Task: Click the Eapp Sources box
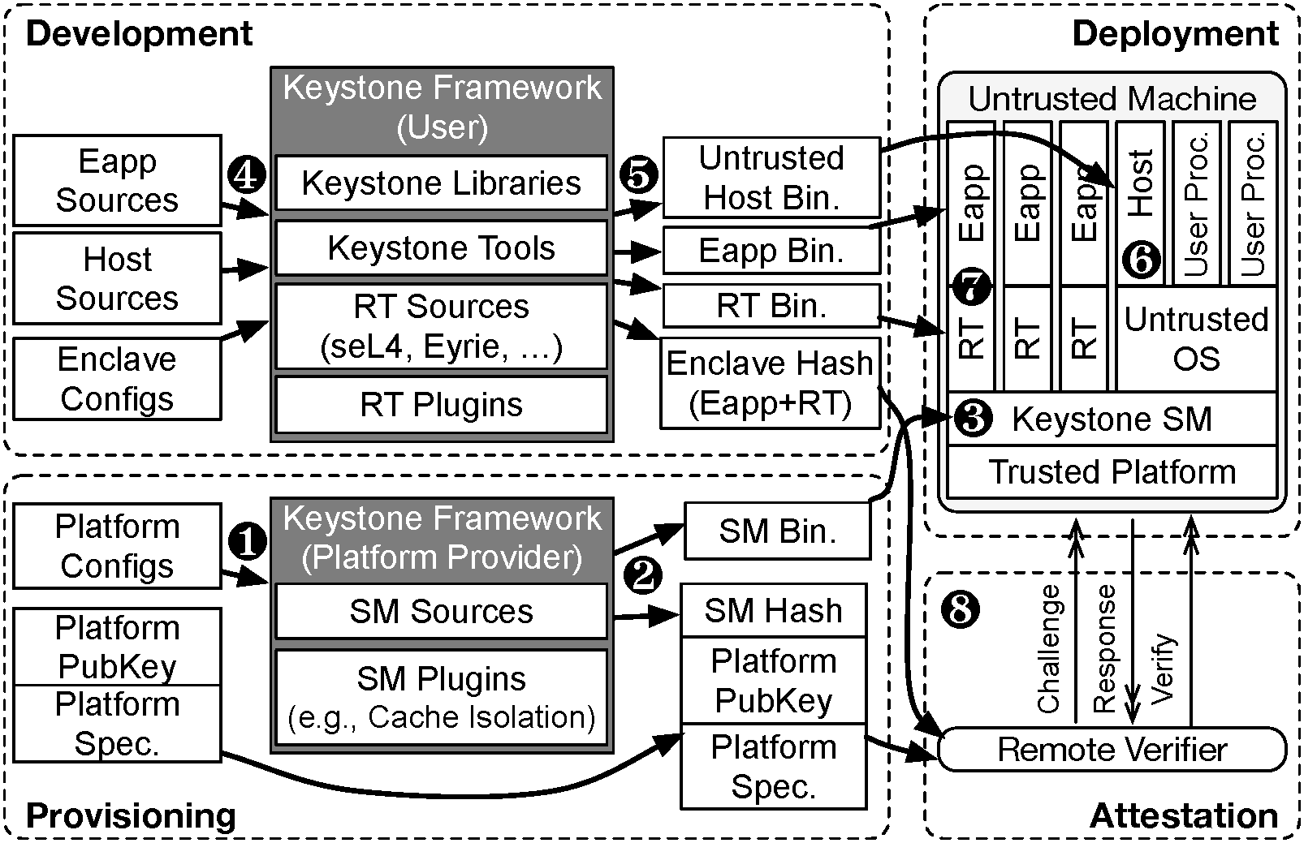click(x=117, y=180)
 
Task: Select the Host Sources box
click(x=117, y=278)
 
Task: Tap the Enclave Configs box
click(x=117, y=379)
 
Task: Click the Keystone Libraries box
click(x=441, y=183)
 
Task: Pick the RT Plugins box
click(x=441, y=404)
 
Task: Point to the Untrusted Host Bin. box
click(x=771, y=178)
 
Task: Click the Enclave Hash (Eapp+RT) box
click(x=770, y=383)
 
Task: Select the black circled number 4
click(x=248, y=174)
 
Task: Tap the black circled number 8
click(x=961, y=609)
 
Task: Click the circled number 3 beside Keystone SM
click(x=973, y=419)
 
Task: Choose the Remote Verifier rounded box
click(x=1112, y=749)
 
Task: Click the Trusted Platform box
click(x=1112, y=471)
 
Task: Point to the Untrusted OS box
click(x=1196, y=338)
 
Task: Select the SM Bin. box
click(x=776, y=531)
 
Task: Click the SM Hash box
click(x=773, y=610)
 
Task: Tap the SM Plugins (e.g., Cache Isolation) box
click(x=441, y=697)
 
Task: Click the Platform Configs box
click(x=117, y=546)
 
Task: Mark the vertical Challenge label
click(x=1049, y=649)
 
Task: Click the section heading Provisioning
click(x=131, y=815)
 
